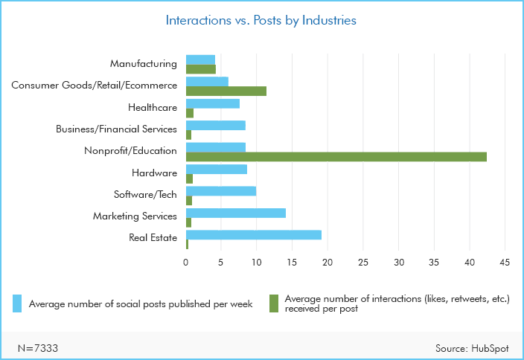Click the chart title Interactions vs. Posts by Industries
click(x=261, y=21)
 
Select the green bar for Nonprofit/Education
click(x=336, y=156)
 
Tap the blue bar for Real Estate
click(x=253, y=235)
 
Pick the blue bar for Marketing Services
click(x=235, y=213)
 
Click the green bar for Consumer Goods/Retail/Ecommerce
click(x=226, y=91)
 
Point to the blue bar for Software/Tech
click(x=220, y=191)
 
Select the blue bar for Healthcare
click(x=212, y=103)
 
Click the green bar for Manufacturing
click(x=200, y=69)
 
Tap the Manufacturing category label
click(x=144, y=64)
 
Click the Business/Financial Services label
click(x=116, y=129)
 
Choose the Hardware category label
click(x=153, y=173)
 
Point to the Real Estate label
click(x=153, y=238)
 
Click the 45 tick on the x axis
click(x=505, y=263)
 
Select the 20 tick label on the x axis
click(x=327, y=263)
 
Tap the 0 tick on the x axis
click(x=186, y=263)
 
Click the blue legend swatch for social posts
click(x=17, y=303)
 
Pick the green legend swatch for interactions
click(x=273, y=303)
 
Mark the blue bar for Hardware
click(x=216, y=170)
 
